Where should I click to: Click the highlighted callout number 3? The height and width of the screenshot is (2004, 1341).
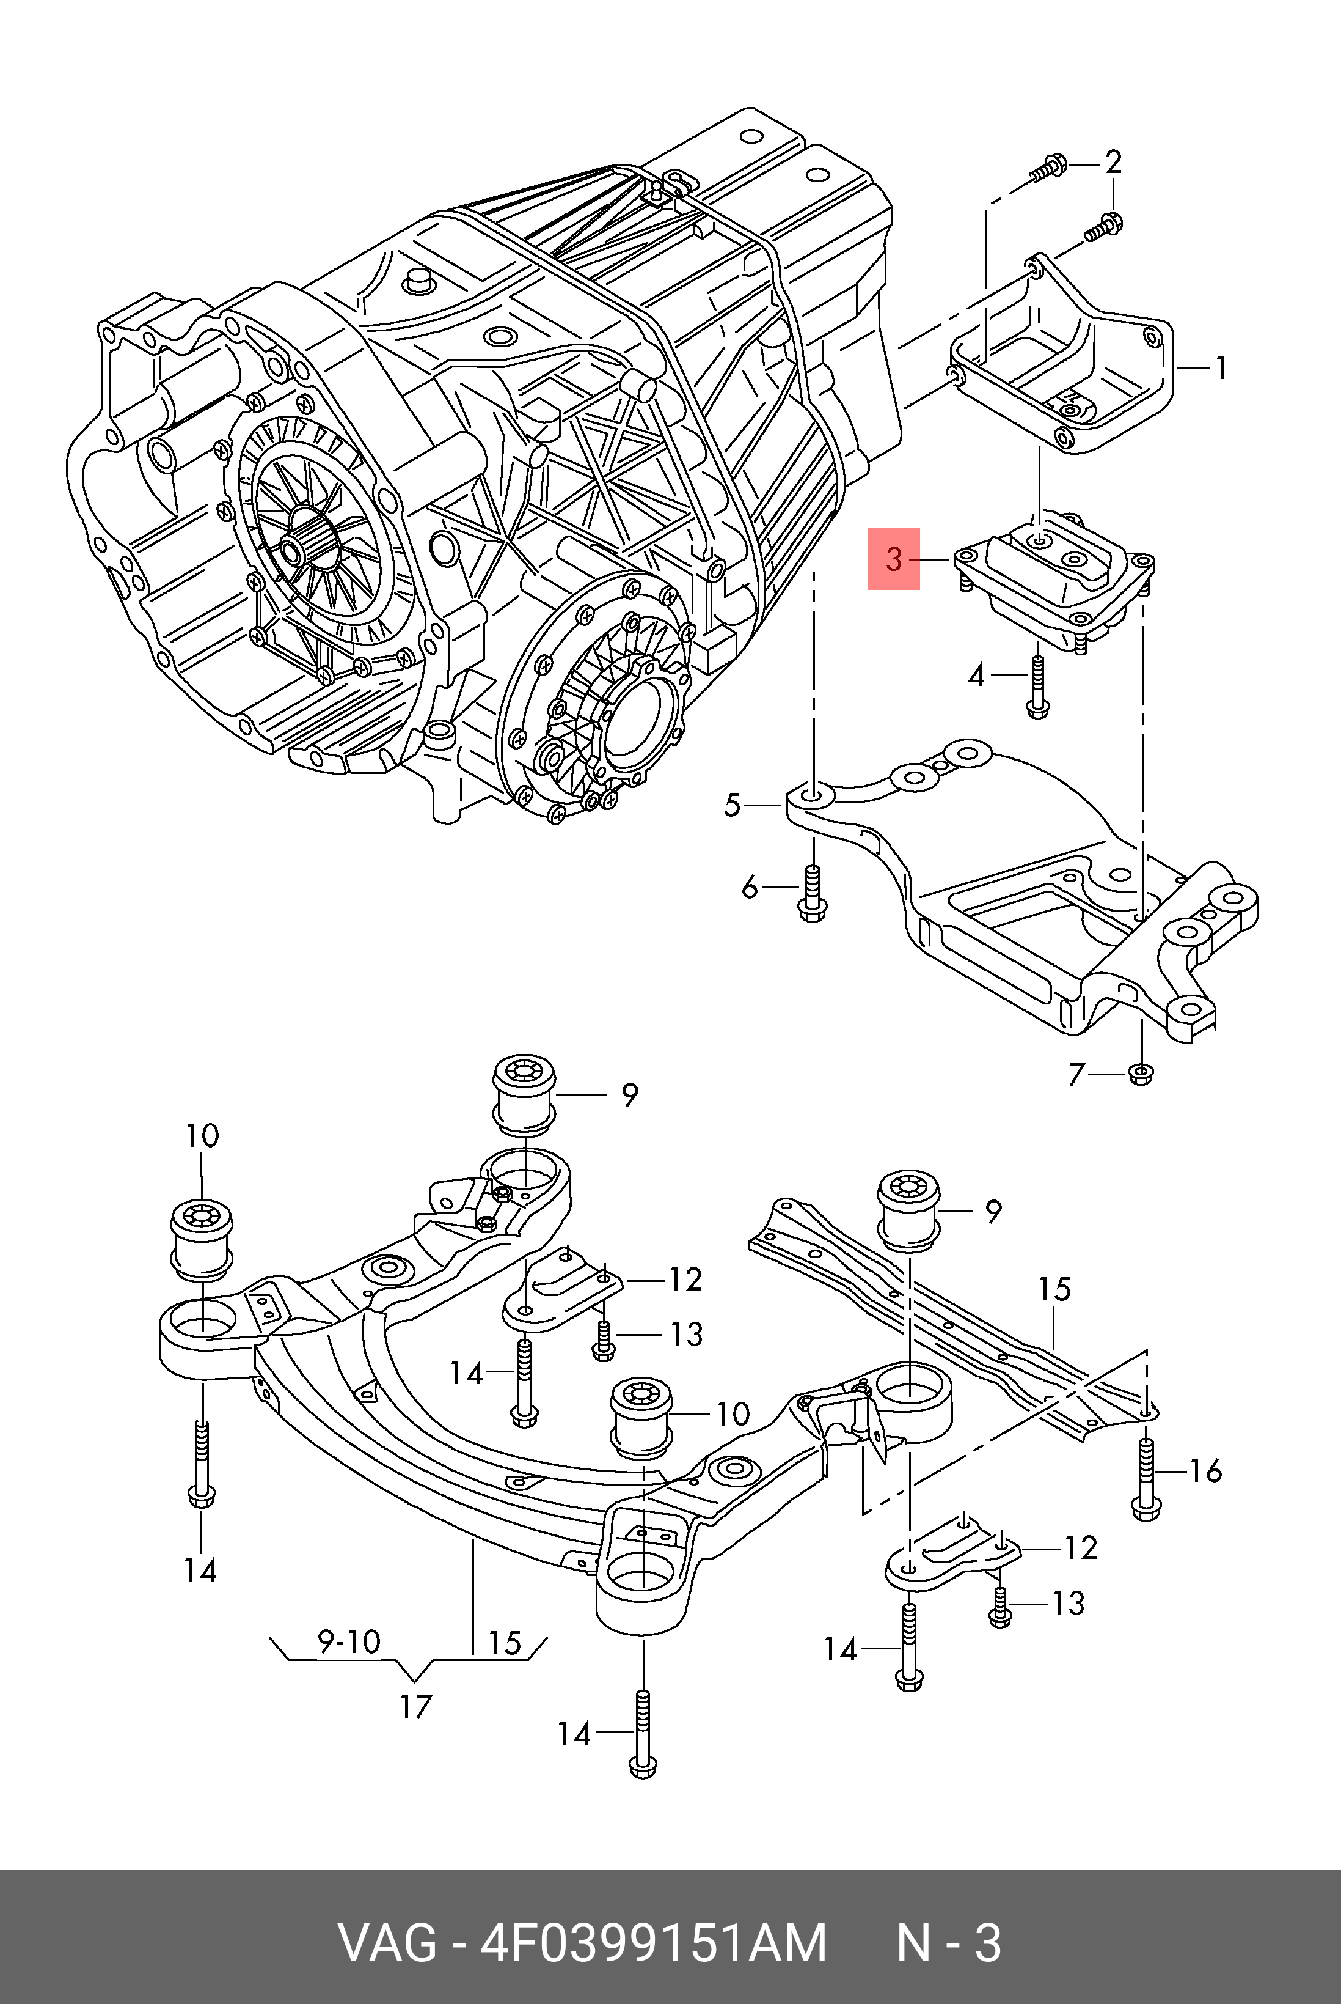[x=894, y=559]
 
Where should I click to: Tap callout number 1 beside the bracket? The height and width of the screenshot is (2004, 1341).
[x=1221, y=368]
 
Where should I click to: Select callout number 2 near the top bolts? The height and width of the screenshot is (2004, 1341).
[x=1113, y=162]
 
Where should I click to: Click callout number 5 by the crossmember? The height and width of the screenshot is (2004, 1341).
[x=732, y=805]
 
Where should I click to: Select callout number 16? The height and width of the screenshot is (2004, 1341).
[x=1206, y=1471]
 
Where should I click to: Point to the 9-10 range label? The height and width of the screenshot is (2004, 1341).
[x=349, y=1641]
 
